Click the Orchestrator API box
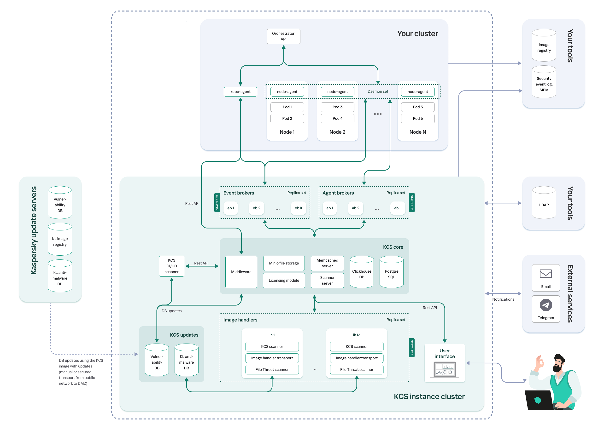click(283, 36)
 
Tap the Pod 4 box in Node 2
click(337, 118)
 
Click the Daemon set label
click(377, 91)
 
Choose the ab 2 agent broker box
click(355, 208)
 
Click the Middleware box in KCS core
click(241, 272)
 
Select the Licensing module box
click(284, 281)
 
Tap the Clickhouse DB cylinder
click(361, 273)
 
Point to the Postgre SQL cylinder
click(391, 273)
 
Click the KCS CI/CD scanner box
click(171, 266)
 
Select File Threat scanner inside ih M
click(357, 369)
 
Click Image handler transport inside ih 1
click(272, 358)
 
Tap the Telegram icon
click(545, 305)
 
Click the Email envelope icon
click(545, 274)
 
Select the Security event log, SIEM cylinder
click(544, 83)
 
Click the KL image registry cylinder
click(60, 240)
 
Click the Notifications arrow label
click(503, 299)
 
